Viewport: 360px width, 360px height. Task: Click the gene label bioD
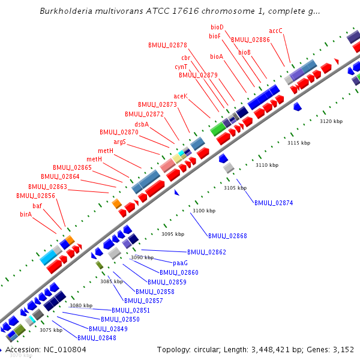tap(217, 27)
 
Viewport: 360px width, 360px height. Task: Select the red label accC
tap(275, 31)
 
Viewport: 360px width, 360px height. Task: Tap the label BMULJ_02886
tap(250, 40)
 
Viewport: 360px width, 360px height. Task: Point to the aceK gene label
tap(181, 96)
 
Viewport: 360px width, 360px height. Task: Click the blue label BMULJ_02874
tap(274, 203)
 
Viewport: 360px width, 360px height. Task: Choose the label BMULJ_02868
tap(227, 236)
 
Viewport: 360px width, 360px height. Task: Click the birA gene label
tap(26, 214)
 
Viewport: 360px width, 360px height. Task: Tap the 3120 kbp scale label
tap(331, 121)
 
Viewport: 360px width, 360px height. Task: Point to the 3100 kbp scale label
tap(203, 211)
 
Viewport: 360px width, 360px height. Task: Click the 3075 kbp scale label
tap(51, 330)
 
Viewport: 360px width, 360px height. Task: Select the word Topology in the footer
tap(175, 350)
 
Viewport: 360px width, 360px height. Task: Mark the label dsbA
tap(142, 124)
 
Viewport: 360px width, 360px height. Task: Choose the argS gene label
tap(119, 142)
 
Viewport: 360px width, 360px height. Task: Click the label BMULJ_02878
tap(167, 45)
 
